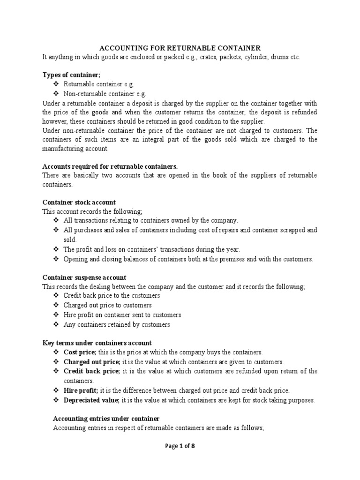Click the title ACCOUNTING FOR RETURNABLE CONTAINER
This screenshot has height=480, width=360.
[x=180, y=48]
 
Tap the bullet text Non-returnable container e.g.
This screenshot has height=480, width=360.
[x=99, y=93]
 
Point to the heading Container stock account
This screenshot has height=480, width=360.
[x=79, y=202]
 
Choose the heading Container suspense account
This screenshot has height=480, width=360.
[x=84, y=277]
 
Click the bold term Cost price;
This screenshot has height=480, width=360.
[x=80, y=352]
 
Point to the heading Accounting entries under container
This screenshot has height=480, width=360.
[x=106, y=418]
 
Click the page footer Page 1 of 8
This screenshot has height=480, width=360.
[x=180, y=446]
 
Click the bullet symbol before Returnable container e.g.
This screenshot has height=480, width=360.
[x=56, y=84]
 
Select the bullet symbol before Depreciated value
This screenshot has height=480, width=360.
[x=56, y=400]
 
